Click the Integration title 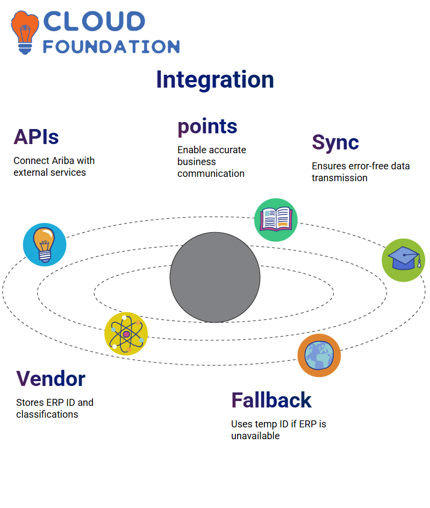tap(215, 80)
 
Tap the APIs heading tap(36, 137)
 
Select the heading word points tap(207, 127)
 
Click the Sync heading tap(335, 142)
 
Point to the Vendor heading tap(51, 379)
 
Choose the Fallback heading tap(271, 400)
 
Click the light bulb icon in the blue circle tap(45, 245)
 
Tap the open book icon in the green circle tap(276, 220)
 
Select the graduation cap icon tap(404, 260)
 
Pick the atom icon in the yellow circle tap(126, 334)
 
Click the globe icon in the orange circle tap(319, 355)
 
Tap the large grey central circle tap(215, 277)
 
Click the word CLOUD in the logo tap(94, 22)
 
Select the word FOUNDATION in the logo tap(111, 47)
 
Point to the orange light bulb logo tap(25, 32)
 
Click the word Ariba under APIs tap(63, 161)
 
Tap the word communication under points tap(211, 174)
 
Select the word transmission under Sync tap(340, 178)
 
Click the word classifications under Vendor tap(47, 414)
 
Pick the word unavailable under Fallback tap(255, 436)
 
